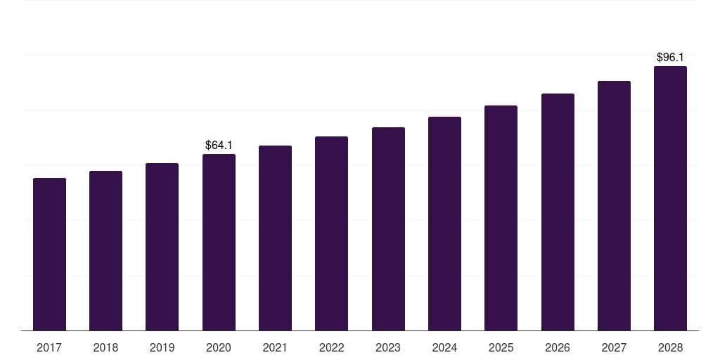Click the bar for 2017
(x=49, y=254)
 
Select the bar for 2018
(x=105, y=250)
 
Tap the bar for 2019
(x=162, y=247)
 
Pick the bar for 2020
(x=219, y=242)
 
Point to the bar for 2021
(x=275, y=238)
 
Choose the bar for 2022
(x=331, y=233)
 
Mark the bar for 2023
(x=388, y=229)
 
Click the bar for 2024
(x=444, y=224)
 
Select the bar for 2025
(x=501, y=218)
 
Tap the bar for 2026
(x=558, y=212)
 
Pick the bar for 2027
(x=614, y=205)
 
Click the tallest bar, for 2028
(x=670, y=198)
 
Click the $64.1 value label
(x=219, y=145)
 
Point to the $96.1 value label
(x=670, y=57)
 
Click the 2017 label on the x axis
(x=49, y=347)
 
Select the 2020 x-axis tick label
(x=219, y=347)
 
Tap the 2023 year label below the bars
(x=388, y=347)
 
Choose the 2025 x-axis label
(x=501, y=347)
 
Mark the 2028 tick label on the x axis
(x=670, y=347)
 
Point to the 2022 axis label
(x=331, y=347)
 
